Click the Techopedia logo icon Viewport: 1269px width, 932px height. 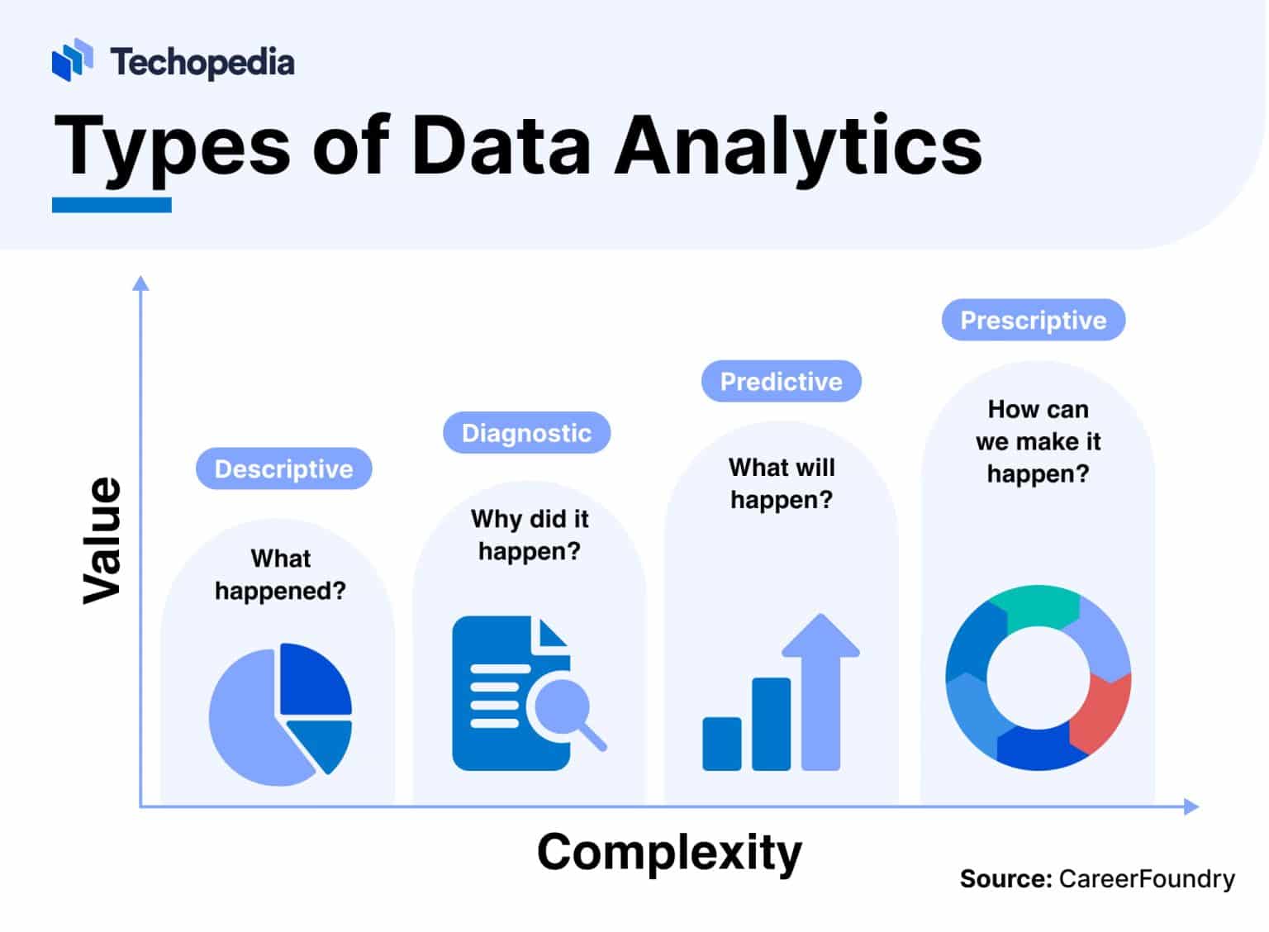(72, 60)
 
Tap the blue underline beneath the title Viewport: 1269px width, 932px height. (112, 205)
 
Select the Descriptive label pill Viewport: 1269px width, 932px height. (283, 469)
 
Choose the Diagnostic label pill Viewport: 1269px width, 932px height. (526, 433)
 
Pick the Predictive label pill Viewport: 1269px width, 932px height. (781, 382)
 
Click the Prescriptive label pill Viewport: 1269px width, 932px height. (1033, 321)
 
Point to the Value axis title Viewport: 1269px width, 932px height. (102, 540)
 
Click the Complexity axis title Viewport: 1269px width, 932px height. (669, 852)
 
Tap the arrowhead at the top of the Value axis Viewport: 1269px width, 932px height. (141, 283)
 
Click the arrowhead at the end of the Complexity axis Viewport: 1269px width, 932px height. (1191, 806)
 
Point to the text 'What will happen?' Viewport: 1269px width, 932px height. (781, 483)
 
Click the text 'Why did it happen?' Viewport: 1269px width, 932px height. (530, 535)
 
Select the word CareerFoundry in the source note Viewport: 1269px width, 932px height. (1147, 878)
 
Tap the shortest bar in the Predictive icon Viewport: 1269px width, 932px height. (721, 744)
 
